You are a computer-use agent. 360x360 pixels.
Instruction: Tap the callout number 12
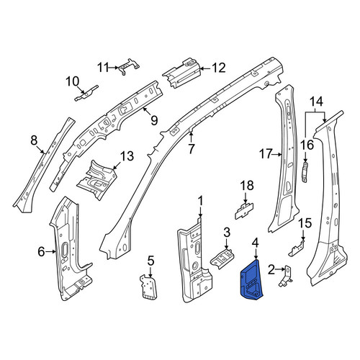(x=219, y=68)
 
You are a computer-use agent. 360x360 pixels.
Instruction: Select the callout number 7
(x=191, y=149)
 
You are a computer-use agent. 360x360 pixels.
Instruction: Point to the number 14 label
(x=317, y=102)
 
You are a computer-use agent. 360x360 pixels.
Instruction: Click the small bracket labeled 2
(x=286, y=276)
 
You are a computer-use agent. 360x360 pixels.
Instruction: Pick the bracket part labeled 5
(x=148, y=287)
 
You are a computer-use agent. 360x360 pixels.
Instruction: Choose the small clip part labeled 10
(x=86, y=94)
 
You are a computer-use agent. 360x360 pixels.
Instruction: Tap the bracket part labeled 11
(x=129, y=66)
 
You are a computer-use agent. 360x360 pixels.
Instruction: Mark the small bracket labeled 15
(x=297, y=248)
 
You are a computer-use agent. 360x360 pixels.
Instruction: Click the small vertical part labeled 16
(x=305, y=172)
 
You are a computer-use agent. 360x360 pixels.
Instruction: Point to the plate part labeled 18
(x=244, y=210)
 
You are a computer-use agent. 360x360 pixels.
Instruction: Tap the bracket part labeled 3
(x=222, y=259)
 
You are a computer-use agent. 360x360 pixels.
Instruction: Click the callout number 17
(x=266, y=154)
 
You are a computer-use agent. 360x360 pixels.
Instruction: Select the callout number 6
(x=41, y=252)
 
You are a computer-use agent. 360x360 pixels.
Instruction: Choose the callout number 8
(x=34, y=140)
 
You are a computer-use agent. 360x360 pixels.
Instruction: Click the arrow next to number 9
(x=147, y=112)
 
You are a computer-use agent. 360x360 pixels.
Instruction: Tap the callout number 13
(x=127, y=156)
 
